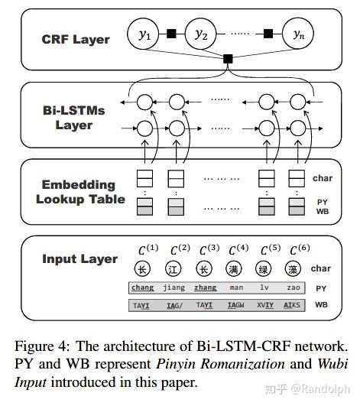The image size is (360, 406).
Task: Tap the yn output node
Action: [297, 33]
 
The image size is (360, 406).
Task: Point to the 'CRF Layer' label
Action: [76, 39]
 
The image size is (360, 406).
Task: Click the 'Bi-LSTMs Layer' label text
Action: [74, 117]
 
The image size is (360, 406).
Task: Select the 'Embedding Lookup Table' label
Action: [79, 192]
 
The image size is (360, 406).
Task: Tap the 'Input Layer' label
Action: [79, 259]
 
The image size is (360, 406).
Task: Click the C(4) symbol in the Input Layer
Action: [237, 249]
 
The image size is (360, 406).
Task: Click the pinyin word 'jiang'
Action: [174, 287]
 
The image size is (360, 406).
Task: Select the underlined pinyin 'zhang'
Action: [205, 287]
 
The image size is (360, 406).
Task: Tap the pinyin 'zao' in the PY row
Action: [294, 287]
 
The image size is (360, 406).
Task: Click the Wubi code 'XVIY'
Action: [265, 304]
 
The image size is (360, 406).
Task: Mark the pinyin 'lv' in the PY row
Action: [265, 287]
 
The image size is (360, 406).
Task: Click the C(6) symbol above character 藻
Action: [295, 249]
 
